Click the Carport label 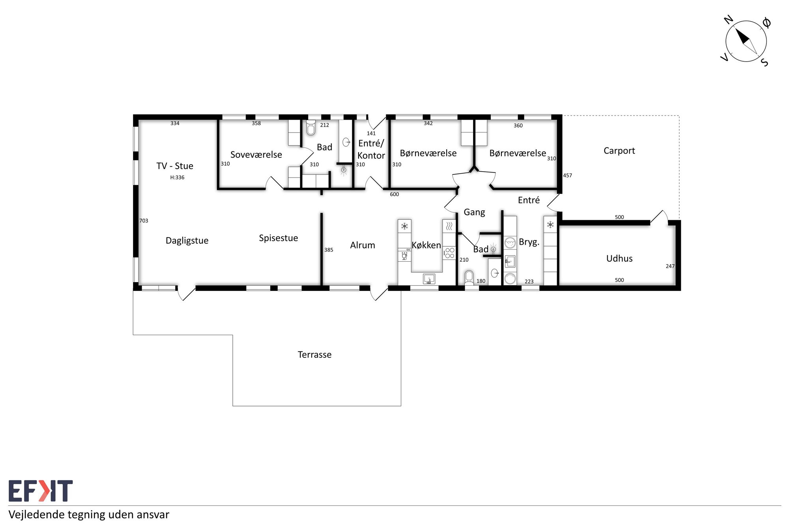click(x=619, y=151)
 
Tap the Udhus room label click(x=619, y=258)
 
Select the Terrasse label click(x=314, y=354)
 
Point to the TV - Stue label click(x=175, y=166)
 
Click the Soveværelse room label click(x=256, y=155)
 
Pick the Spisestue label click(x=278, y=238)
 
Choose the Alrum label click(x=363, y=245)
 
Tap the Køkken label click(x=426, y=245)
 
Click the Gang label click(x=474, y=212)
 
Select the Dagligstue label click(x=187, y=241)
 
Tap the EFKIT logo click(x=41, y=491)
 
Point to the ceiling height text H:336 click(x=177, y=178)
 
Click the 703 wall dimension click(x=144, y=221)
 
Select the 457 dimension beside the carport click(x=567, y=175)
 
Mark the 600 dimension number click(x=394, y=194)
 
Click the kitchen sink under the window click(x=429, y=279)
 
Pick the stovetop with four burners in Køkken click(x=450, y=253)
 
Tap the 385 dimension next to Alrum click(x=329, y=250)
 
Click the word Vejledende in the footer click(x=37, y=515)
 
